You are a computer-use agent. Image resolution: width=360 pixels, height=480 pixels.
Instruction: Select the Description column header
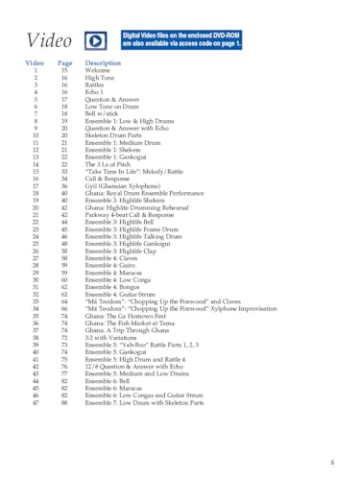pyautogui.click(x=104, y=62)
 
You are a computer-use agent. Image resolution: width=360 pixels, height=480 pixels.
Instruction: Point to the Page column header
pyautogui.click(x=65, y=62)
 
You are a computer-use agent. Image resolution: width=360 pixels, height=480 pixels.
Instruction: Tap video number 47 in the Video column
pyautogui.click(x=36, y=402)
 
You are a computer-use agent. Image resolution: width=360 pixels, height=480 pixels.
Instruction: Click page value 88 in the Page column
pyautogui.click(x=64, y=402)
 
